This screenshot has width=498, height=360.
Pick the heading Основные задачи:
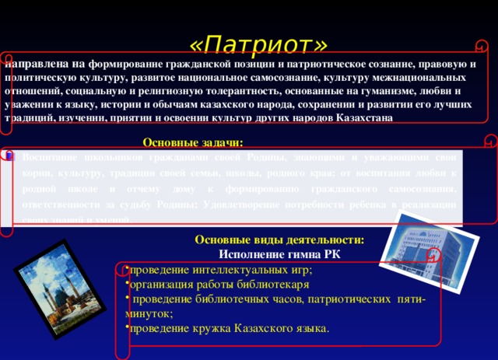click(193, 142)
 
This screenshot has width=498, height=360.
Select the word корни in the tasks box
click(37, 173)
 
